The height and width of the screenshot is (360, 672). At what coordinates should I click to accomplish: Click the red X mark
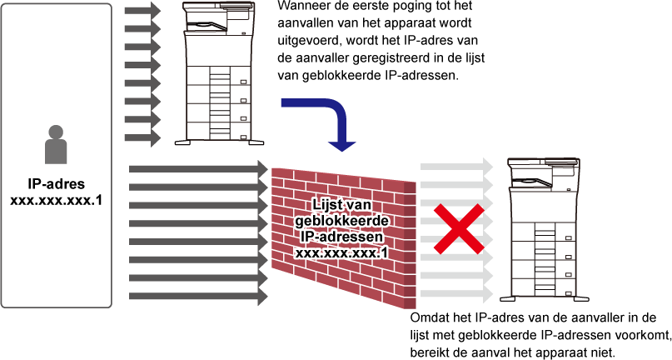click(x=458, y=228)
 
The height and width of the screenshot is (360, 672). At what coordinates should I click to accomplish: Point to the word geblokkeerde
click(x=341, y=221)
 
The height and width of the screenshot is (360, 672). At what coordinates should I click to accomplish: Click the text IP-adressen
click(x=341, y=237)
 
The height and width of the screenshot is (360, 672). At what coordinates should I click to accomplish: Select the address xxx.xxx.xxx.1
click(x=341, y=252)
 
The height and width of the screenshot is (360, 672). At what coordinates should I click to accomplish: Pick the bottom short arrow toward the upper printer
click(x=142, y=137)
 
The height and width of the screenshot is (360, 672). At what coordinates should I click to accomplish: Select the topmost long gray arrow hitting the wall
click(x=198, y=169)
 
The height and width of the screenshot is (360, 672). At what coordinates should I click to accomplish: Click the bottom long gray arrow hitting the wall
click(x=198, y=296)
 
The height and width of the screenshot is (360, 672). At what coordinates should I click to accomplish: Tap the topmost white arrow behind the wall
click(x=456, y=167)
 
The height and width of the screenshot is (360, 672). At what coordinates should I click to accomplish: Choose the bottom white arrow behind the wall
click(x=456, y=294)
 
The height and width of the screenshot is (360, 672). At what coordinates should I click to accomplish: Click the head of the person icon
click(x=56, y=132)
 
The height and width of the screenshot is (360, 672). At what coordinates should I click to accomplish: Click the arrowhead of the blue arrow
click(x=341, y=146)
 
